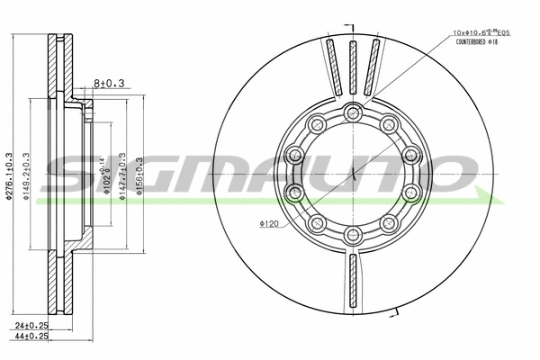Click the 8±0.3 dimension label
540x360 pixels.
109,84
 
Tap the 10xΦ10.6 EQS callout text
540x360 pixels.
482,33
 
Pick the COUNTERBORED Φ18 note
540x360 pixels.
482,42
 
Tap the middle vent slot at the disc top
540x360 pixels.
353,67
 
